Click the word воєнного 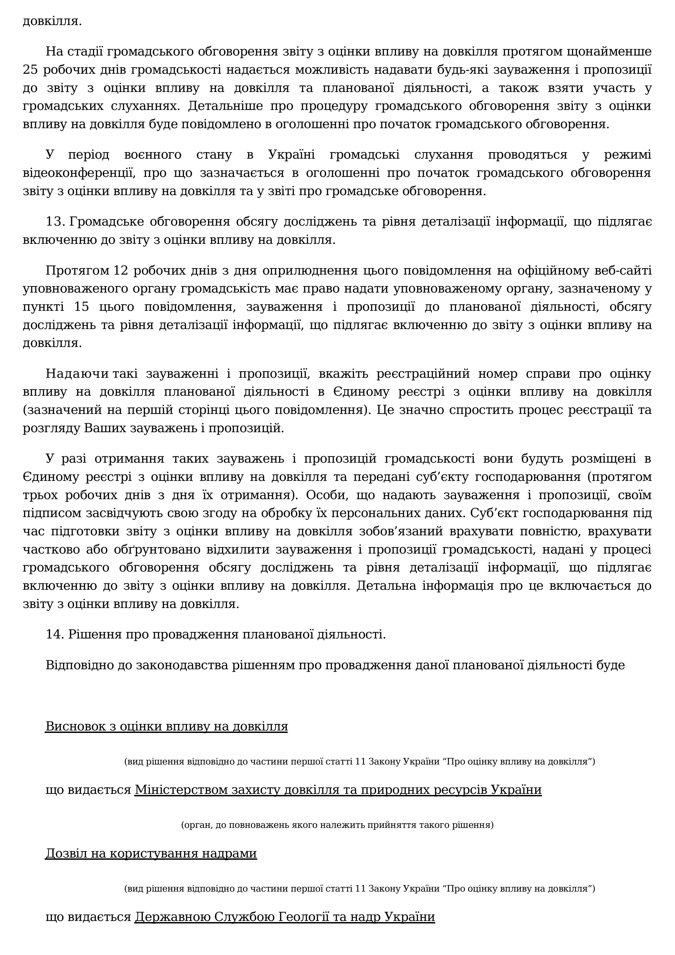[x=153, y=155]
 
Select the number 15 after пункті [x=82, y=307]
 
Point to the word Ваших [x=105, y=428]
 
